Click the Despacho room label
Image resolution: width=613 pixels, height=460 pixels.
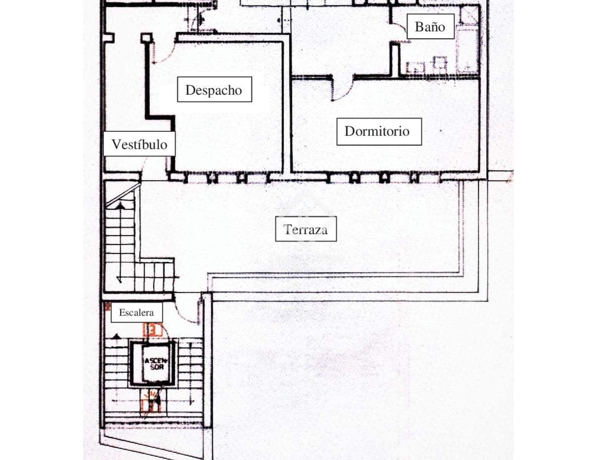214,90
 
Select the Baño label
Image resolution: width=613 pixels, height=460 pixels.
430,27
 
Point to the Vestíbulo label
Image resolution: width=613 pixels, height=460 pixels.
139,145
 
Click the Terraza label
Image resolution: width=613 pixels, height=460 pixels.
305,229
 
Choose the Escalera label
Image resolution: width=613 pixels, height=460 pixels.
136,312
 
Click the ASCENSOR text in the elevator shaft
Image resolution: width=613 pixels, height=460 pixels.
154,363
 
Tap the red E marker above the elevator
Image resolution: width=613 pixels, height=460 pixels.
152,330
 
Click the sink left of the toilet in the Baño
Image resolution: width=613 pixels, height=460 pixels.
416,67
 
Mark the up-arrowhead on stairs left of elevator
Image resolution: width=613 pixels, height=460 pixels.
116,337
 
